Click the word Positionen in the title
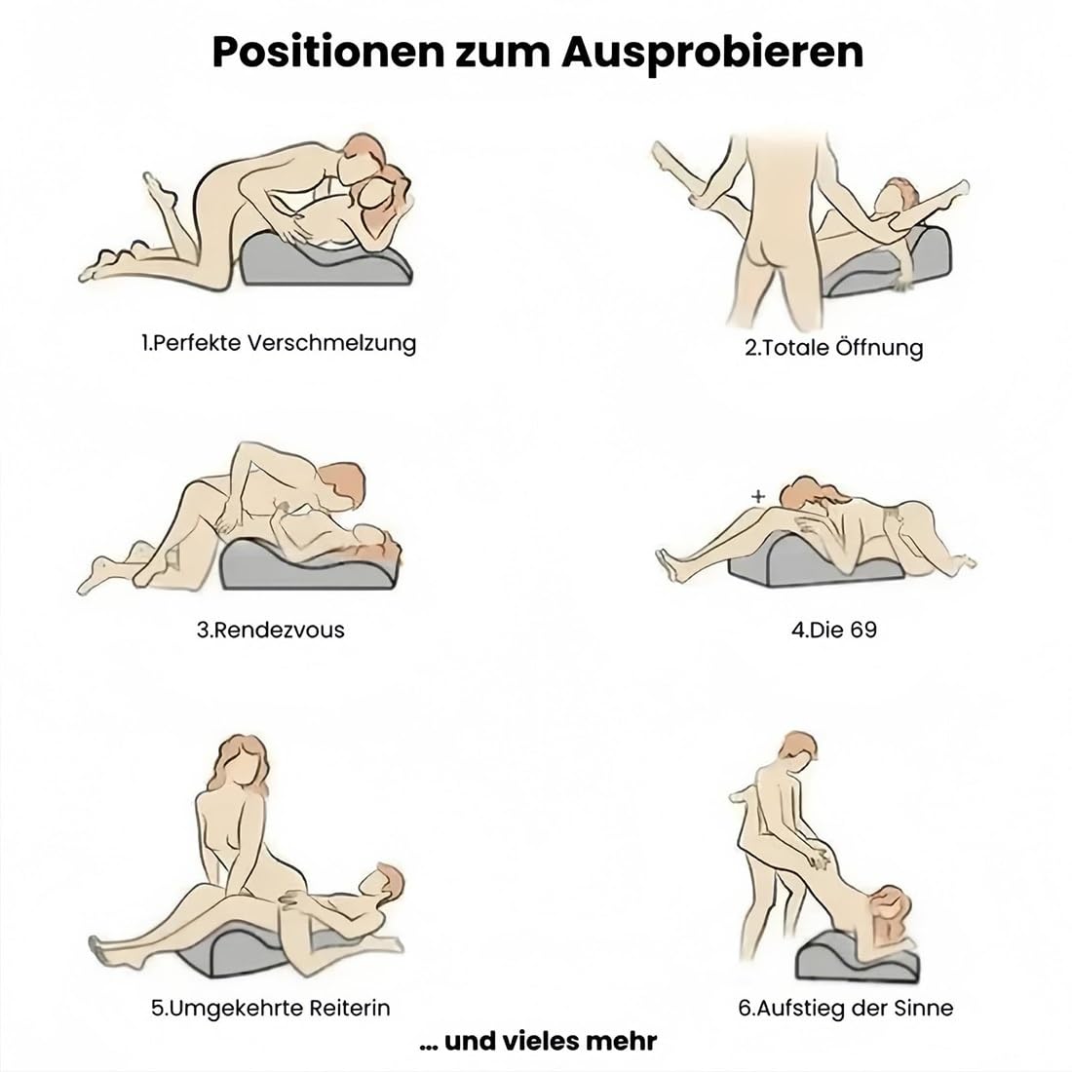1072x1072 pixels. pos(327,52)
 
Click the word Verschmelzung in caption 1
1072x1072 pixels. pos(331,343)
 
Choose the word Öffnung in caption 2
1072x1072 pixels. pos(879,347)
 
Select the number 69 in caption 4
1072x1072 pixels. pos(862,629)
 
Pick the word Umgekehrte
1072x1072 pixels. pos(228,1008)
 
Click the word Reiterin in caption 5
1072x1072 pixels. pos(351,1008)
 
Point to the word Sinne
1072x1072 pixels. pos(928,1008)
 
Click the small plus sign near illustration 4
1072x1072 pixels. pos(757,496)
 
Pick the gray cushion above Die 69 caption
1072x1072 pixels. pos(814,567)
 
